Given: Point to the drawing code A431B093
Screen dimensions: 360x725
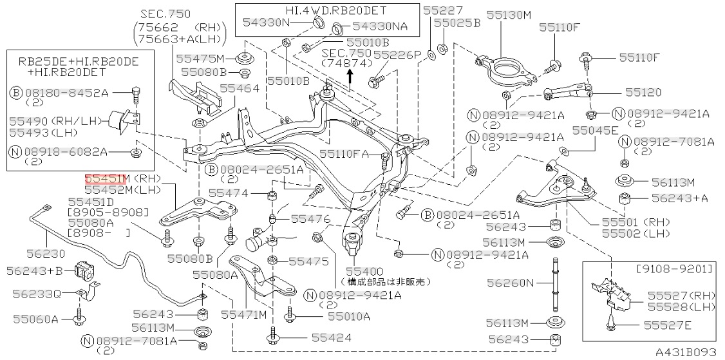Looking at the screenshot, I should click(685, 353).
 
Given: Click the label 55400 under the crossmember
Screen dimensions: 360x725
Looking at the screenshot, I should click(364, 271).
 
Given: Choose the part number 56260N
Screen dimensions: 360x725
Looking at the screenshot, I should click(511, 282).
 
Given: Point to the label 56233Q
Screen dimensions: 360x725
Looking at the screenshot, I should click(37, 294).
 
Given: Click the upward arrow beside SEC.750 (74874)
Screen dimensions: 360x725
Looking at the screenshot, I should click(350, 77).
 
